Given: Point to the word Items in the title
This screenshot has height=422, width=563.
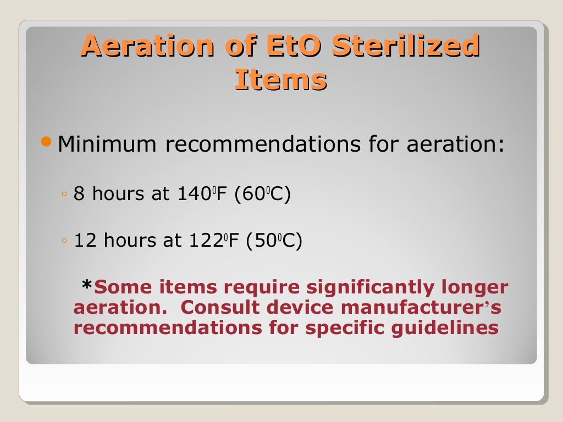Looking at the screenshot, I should [x=281, y=80].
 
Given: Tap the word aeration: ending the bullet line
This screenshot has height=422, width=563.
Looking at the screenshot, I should [x=455, y=146].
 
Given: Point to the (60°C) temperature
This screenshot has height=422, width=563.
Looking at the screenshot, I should [x=262, y=195].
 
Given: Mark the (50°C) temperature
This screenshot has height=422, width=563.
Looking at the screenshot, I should [x=273, y=241].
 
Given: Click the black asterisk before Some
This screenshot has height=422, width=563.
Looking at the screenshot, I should [x=87, y=285].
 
